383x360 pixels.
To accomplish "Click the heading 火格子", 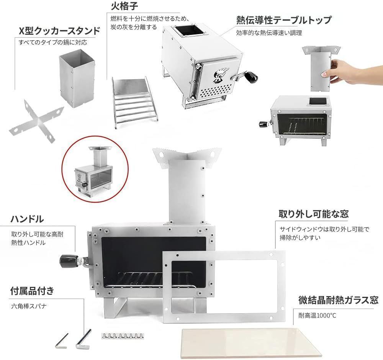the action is pyautogui.click(x=124, y=6).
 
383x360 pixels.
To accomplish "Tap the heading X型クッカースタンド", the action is pyautogui.click(x=60, y=31).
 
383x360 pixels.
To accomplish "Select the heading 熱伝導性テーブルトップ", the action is pyautogui.click(x=284, y=20).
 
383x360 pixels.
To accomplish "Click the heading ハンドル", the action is pyautogui.click(x=27, y=219).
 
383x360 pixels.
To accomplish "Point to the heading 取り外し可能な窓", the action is pyautogui.click(x=314, y=214).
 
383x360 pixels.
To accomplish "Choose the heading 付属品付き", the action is pyautogui.click(x=32, y=291).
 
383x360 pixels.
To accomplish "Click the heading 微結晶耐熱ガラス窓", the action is pyautogui.click(x=339, y=300).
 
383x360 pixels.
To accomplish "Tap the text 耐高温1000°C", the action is pyautogui.click(x=317, y=316).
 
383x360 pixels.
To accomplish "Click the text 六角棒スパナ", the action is pyautogui.click(x=29, y=306).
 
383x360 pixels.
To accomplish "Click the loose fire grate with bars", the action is pyautogui.click(x=134, y=102).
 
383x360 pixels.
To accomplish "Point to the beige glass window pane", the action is pyautogui.click(x=252, y=343).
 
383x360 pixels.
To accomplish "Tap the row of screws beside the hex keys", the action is pyautogui.click(x=123, y=336).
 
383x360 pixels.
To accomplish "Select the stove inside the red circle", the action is pyautogui.click(x=95, y=169).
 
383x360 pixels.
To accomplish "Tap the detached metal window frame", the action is pyautogui.click(x=224, y=287).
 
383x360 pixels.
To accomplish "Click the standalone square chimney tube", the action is pyautogui.click(x=77, y=78).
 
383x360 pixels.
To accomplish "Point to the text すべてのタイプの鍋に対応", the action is pyautogui.click(x=53, y=42).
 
